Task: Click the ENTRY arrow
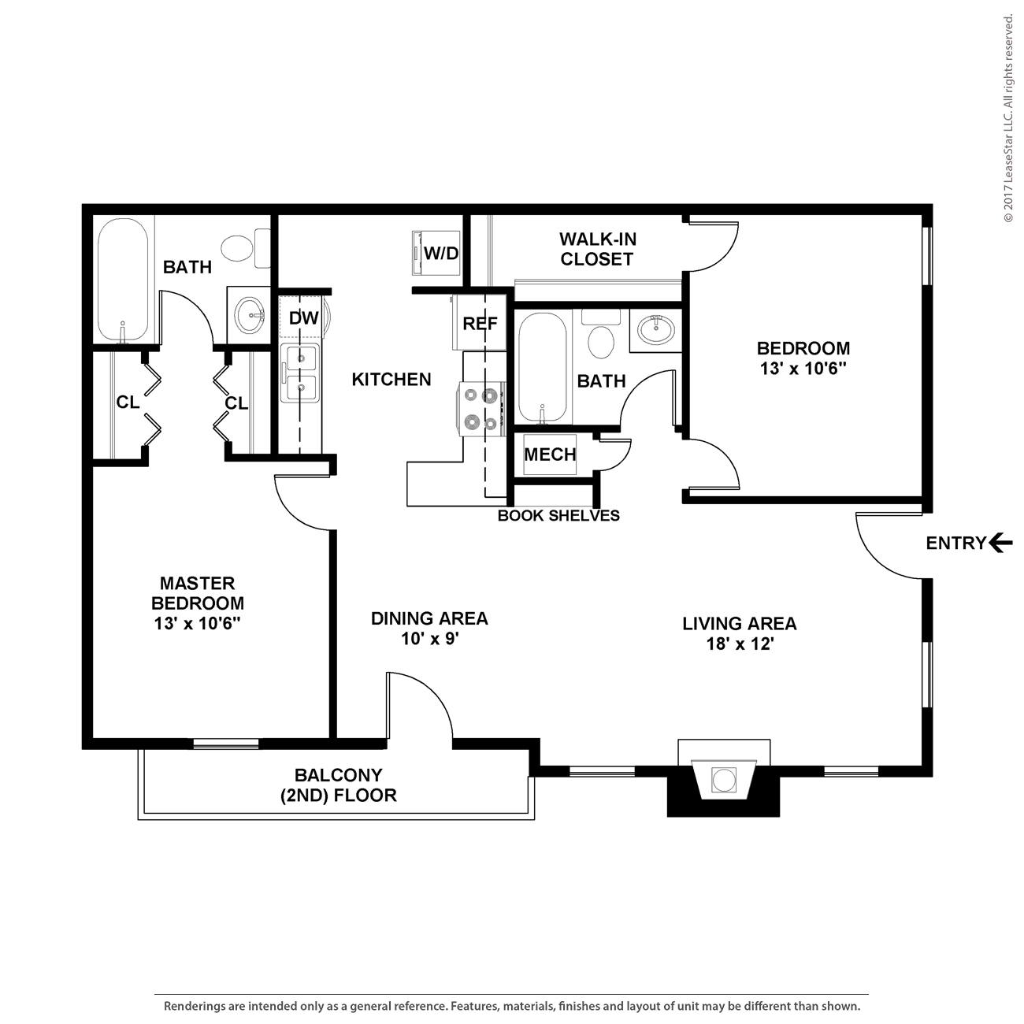[1001, 543]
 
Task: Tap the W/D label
[441, 254]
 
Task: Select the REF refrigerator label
[480, 323]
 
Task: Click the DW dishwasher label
[303, 317]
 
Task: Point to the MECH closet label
[550, 454]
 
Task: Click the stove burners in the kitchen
[481, 409]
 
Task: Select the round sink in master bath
[249, 314]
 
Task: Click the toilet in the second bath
[601, 336]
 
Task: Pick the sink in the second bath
[655, 329]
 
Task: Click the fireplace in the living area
[723, 778]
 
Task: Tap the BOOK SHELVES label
[558, 515]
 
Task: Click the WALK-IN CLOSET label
[597, 249]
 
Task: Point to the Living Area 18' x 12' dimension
[740, 644]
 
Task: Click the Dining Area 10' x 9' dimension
[430, 639]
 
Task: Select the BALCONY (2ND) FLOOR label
[339, 785]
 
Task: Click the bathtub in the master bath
[123, 280]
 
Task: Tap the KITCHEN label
[391, 380]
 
